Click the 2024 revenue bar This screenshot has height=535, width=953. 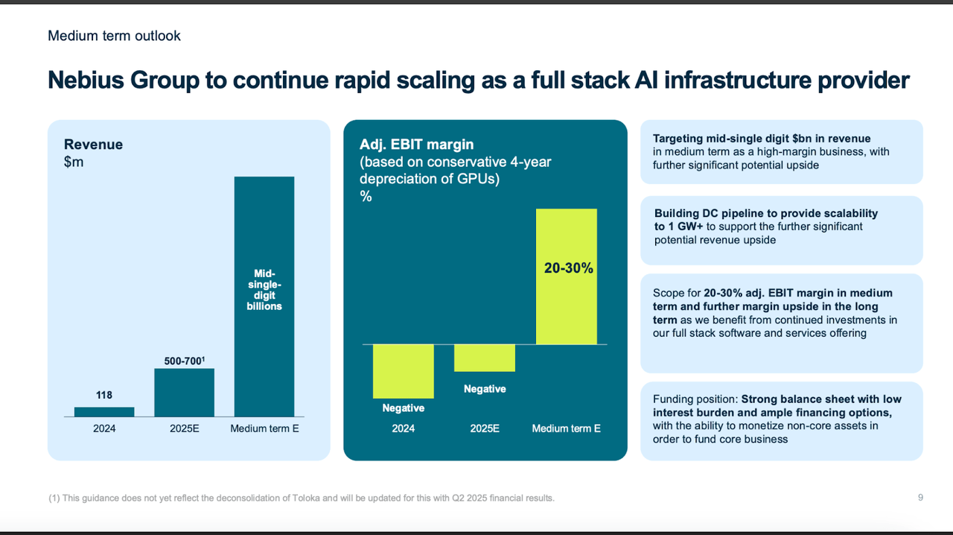pos(104,411)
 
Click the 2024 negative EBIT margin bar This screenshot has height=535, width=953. pos(404,371)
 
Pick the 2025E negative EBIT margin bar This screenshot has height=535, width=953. pos(485,358)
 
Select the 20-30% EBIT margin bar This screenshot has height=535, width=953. pos(567,276)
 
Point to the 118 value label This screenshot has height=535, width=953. pos(104,396)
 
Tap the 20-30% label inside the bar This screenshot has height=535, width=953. pos(569,268)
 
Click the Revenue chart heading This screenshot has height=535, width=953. pos(93,145)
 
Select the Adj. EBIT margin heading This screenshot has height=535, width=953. pos(416,145)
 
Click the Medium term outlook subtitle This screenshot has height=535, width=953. pos(114,36)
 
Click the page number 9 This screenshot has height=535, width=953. pos(920,498)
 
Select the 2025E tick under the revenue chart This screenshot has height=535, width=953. pos(184,428)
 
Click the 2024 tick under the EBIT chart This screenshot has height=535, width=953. pos(404,428)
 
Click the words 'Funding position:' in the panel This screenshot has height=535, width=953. pos(695,399)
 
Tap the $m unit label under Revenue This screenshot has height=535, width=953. pos(74,162)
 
